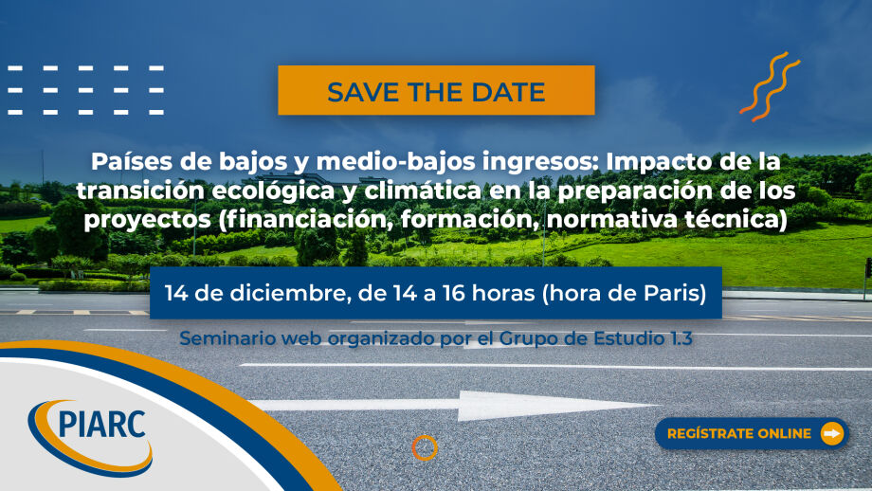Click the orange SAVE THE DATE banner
point(436,90)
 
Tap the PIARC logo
point(90,437)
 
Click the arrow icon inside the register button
point(832,433)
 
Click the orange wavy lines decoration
point(770,86)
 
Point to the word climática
point(423,191)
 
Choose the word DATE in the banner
point(508,92)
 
